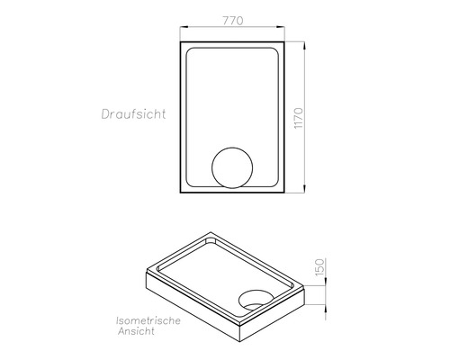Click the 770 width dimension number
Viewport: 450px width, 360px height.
coord(233,21)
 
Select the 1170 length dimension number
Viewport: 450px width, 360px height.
coord(299,118)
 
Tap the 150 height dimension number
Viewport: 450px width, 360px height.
coord(319,267)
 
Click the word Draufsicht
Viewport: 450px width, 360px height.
coord(133,114)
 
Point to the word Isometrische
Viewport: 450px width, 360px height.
coord(148,320)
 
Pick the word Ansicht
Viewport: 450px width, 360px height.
coord(136,331)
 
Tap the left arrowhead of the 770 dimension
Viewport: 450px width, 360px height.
coord(184,27)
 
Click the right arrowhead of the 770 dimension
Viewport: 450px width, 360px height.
coord(281,27)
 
